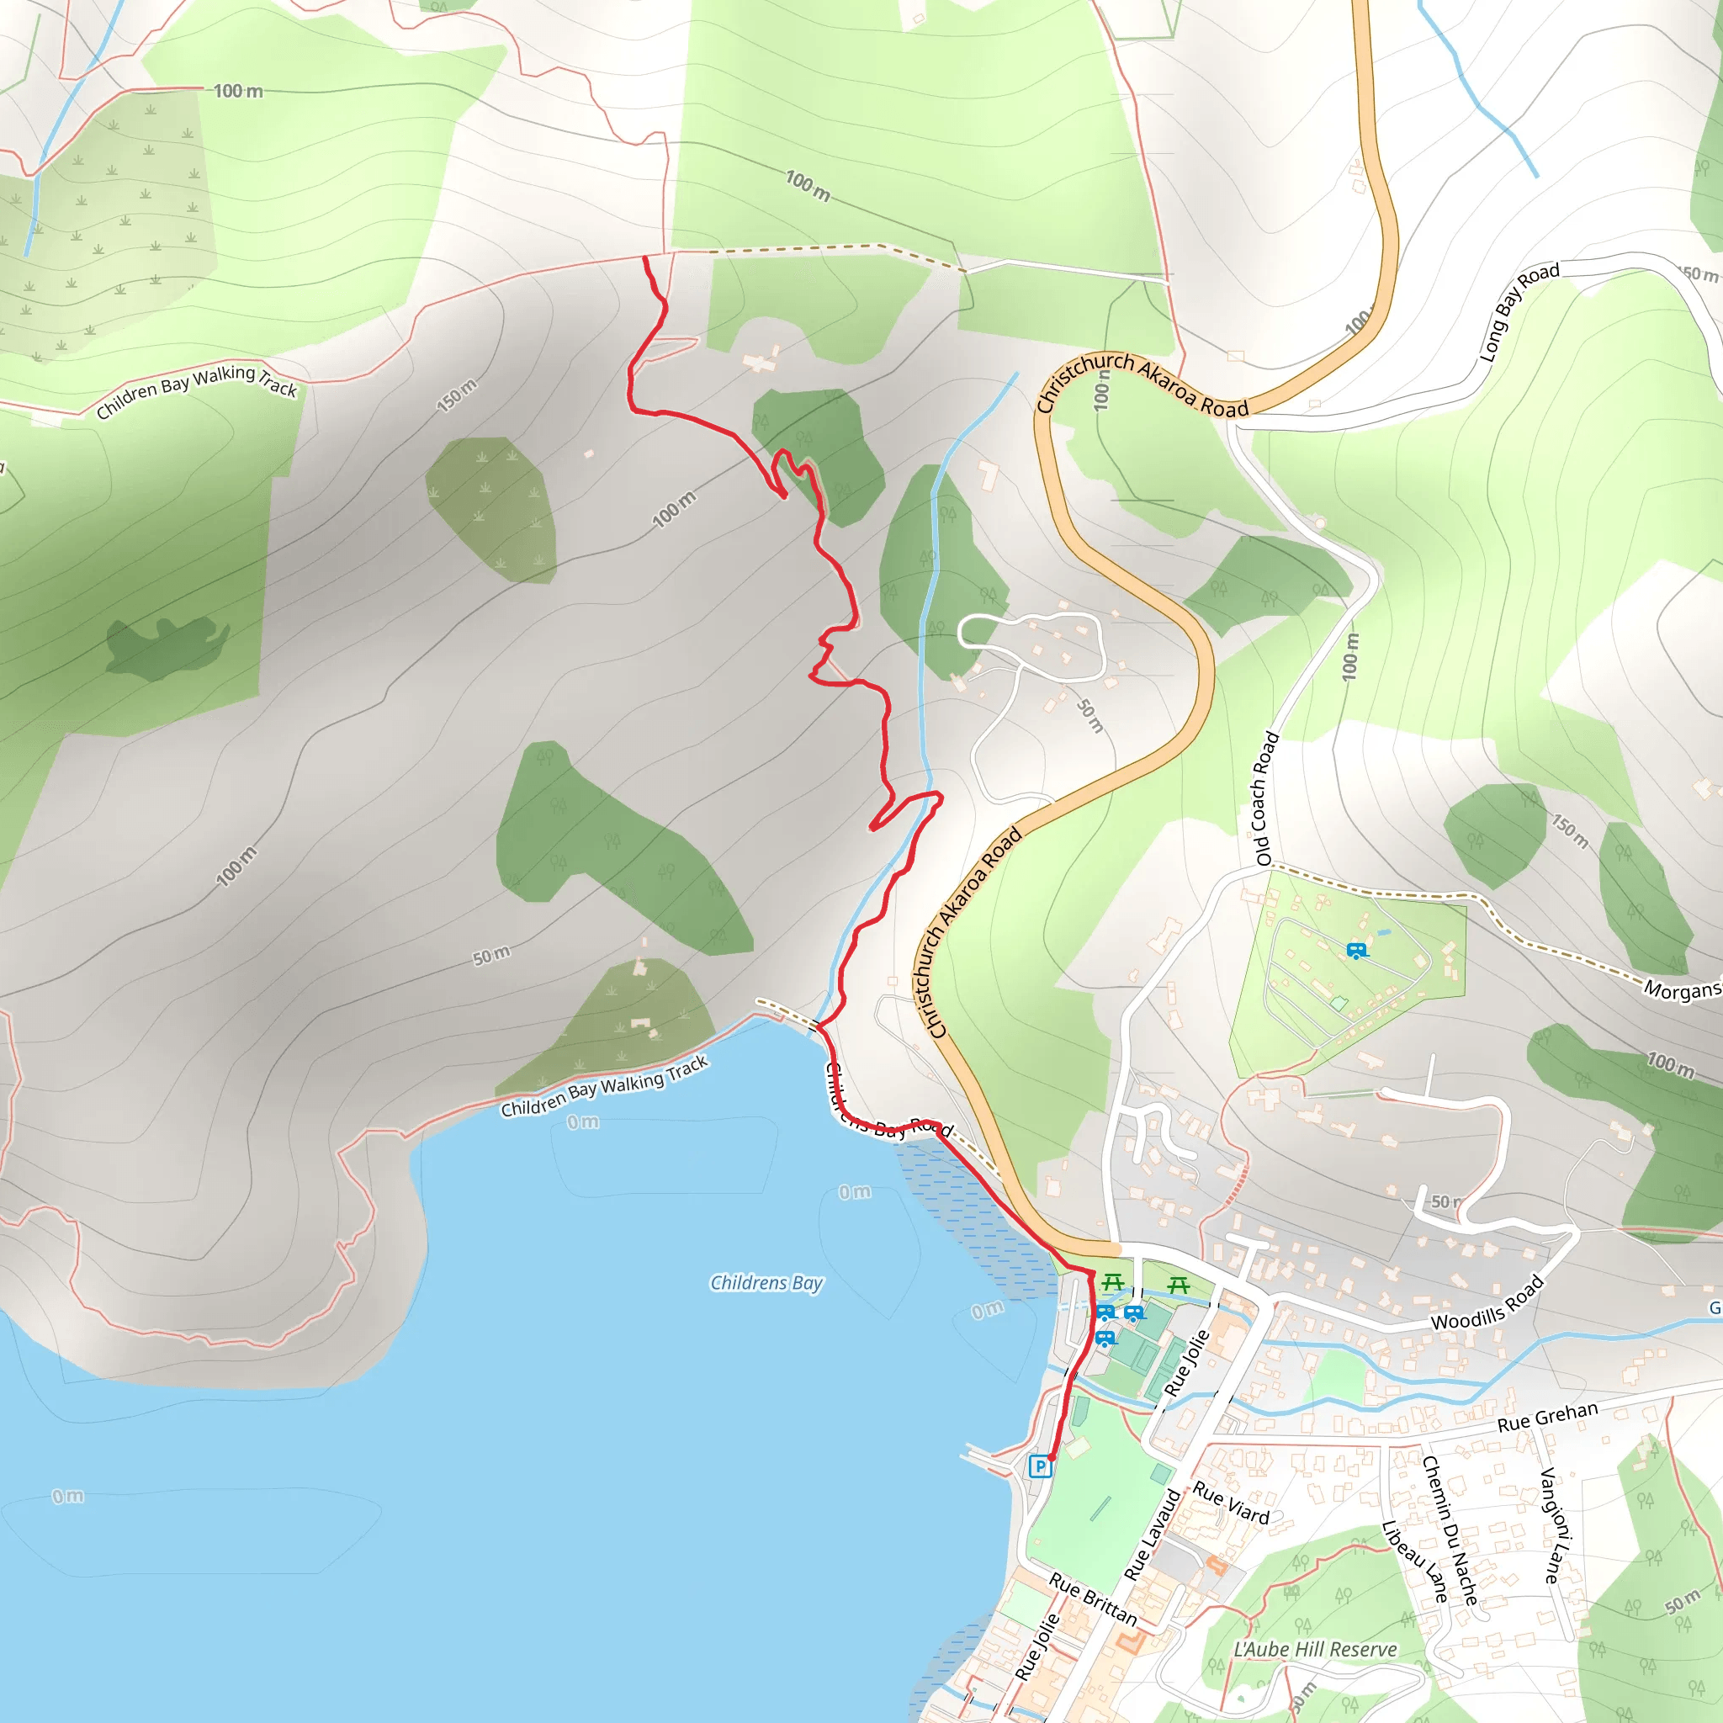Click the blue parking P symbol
coord(1040,1466)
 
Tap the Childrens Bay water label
coord(766,1282)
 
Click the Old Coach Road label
coord(1266,798)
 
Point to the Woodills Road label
coord(1487,1303)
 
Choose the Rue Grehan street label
coord(1546,1417)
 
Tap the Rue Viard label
coord(1231,1503)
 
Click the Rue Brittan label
coord(1093,1600)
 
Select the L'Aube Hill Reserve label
coord(1315,1649)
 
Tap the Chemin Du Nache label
coord(1450,1530)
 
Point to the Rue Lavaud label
coord(1153,1534)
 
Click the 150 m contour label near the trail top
coord(457,395)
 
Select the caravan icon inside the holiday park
coord(1356,951)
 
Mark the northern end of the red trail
coord(645,258)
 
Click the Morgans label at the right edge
coord(1682,990)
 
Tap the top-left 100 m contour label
coord(238,91)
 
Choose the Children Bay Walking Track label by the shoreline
coord(604,1086)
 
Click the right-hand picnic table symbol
coord(1179,1286)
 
